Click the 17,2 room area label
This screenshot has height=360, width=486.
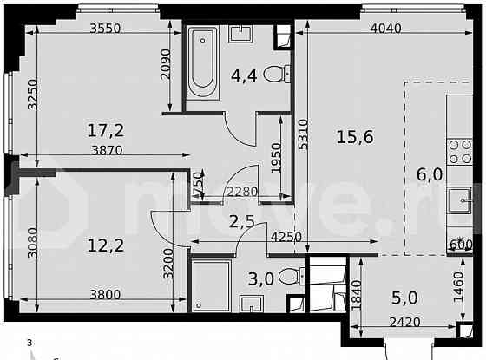coord(105,132)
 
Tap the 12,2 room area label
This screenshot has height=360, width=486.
coord(105,245)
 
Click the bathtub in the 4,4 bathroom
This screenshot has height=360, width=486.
coord(204,62)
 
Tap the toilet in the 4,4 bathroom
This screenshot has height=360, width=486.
coord(273,74)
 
